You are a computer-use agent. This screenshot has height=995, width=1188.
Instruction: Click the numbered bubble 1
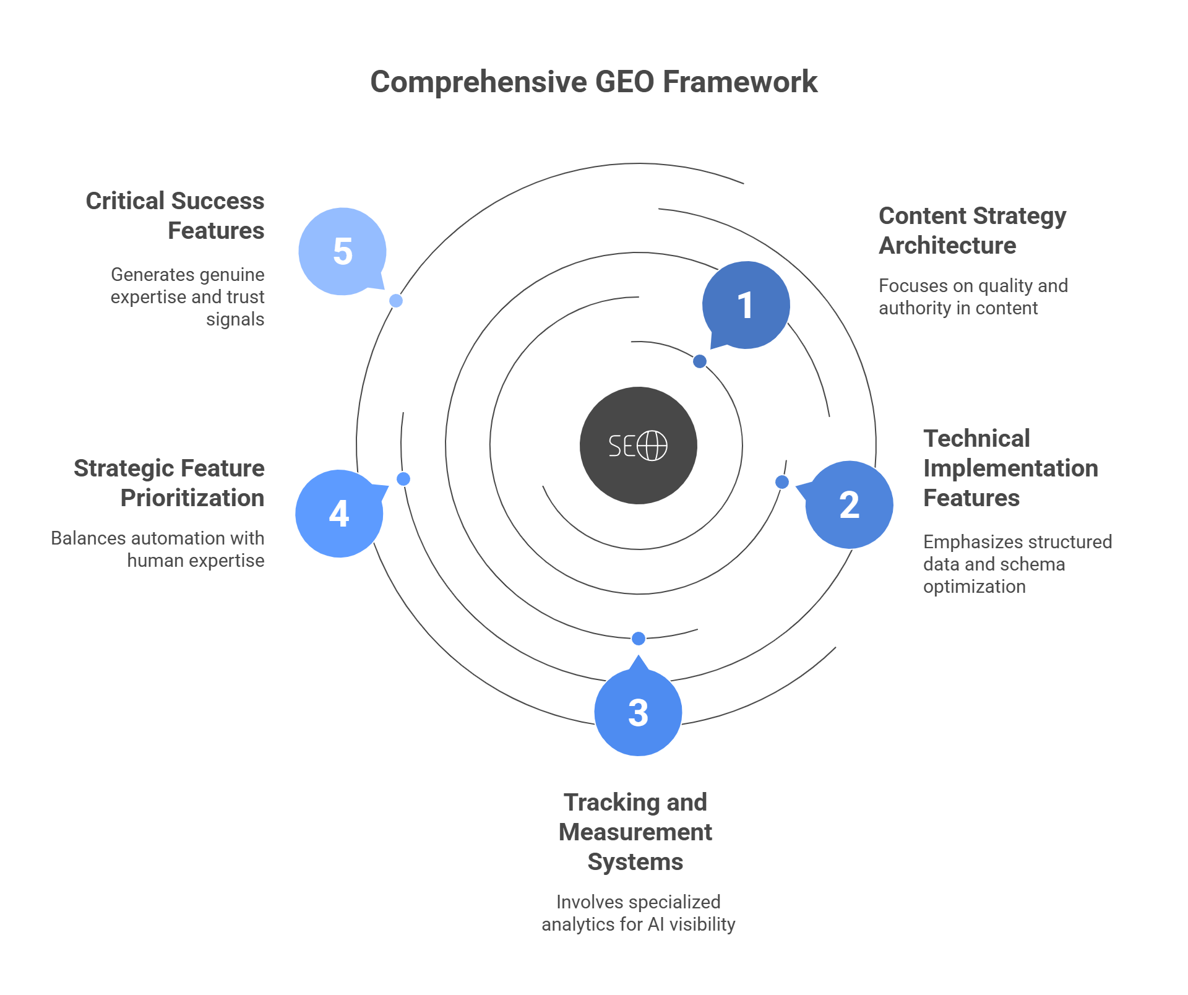point(746,305)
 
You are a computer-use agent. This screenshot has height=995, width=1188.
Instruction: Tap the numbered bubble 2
point(849,505)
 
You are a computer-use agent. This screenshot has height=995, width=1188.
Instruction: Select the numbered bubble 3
point(638,712)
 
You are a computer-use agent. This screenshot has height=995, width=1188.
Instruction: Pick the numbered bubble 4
point(339,514)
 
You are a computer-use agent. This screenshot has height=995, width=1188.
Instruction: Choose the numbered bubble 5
point(342,251)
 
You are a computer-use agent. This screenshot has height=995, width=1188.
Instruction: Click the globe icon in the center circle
point(652,446)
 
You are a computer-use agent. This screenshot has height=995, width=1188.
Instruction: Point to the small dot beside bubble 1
point(700,361)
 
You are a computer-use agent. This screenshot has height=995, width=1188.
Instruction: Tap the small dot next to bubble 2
point(782,482)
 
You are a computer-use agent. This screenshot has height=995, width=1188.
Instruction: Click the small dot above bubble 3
point(639,638)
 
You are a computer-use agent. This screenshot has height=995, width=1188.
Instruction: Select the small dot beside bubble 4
point(403,479)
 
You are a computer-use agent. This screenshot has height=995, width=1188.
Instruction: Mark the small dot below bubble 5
point(396,301)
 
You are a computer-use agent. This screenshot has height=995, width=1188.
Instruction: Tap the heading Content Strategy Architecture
point(972,231)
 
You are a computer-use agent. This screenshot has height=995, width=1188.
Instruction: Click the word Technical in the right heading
point(976,439)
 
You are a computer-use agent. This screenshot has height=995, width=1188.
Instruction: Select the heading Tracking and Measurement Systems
point(635,832)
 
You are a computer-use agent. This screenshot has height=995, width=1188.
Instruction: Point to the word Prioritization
point(192,498)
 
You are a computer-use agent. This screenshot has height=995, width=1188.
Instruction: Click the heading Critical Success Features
point(175,215)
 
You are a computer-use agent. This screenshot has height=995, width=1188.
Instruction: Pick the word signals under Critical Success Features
point(235,319)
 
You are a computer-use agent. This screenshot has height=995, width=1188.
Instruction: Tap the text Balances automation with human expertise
point(158,549)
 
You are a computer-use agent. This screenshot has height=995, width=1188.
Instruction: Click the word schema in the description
point(1035,564)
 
